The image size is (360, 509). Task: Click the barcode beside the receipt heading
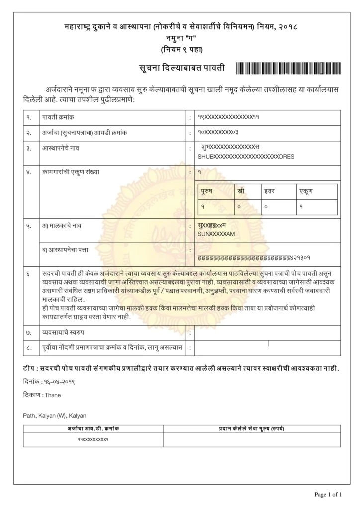click(x=288, y=68)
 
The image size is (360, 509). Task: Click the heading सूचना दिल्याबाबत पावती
click(x=182, y=68)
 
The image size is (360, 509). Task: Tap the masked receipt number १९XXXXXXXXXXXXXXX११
click(x=229, y=117)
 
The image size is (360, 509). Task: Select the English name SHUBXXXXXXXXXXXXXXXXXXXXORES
click(x=246, y=156)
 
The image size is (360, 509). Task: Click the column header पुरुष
click(x=210, y=190)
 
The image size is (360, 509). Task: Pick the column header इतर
click(x=271, y=190)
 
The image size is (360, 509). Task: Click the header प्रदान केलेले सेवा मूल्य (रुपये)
click(x=251, y=428)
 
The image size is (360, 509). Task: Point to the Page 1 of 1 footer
click(x=329, y=494)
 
